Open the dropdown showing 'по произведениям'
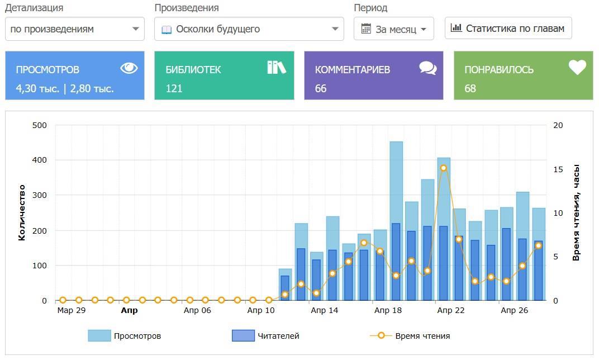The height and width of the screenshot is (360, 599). point(74,29)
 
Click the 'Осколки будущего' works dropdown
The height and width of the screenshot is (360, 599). point(249,29)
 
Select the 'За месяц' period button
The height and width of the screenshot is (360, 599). point(393,29)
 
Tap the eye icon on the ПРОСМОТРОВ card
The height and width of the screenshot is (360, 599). point(129,68)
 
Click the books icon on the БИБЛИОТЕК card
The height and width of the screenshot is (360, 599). point(276,68)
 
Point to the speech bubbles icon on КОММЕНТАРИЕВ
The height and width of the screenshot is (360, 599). point(428,68)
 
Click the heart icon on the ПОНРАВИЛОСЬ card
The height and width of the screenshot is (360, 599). point(577,68)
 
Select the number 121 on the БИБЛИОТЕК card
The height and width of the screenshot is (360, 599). point(174,88)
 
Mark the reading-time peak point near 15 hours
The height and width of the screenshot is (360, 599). point(444,168)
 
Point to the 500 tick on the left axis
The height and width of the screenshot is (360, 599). point(39,125)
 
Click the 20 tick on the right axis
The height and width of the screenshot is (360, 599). point(558,125)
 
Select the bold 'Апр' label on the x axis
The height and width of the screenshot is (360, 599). point(129,310)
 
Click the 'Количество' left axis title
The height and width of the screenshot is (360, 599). point(22,213)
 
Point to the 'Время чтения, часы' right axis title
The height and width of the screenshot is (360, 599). point(576,213)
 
